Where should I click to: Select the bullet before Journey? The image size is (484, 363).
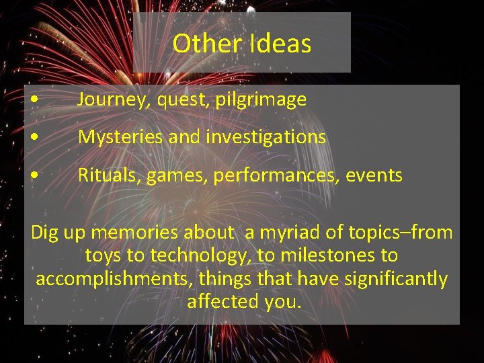coord(34,101)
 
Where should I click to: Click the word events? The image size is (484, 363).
coord(374,176)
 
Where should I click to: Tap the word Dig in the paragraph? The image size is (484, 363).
coord(46,234)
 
